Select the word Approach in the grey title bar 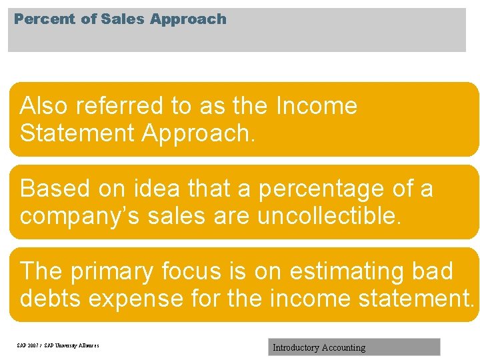(189, 19)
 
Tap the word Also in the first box (45, 106)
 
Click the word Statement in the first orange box (77, 133)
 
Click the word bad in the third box (433, 271)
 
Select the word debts (51, 298)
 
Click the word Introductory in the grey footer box (296, 347)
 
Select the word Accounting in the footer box (344, 347)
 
